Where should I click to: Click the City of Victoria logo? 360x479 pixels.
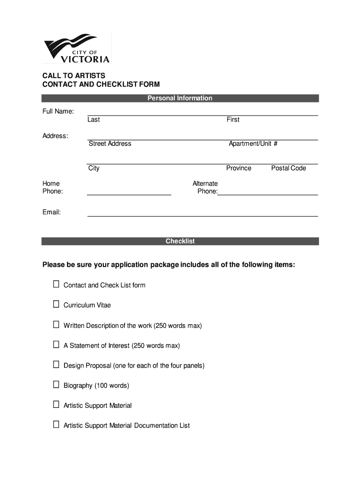click(x=77, y=48)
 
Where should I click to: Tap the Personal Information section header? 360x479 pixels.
click(x=180, y=98)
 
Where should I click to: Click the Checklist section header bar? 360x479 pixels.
click(x=180, y=241)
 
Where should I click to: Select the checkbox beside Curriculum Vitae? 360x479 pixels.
click(x=56, y=305)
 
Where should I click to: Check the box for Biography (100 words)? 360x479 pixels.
click(x=56, y=385)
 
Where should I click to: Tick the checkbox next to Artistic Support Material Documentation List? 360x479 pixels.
click(x=56, y=425)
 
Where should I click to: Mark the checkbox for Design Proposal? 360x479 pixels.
click(x=56, y=365)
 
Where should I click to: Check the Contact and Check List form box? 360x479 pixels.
click(x=56, y=284)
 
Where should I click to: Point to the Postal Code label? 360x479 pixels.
click(x=288, y=168)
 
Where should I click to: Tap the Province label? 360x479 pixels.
click(x=238, y=168)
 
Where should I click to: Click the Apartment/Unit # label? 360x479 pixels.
click(x=253, y=144)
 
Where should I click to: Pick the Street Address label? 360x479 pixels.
click(x=110, y=144)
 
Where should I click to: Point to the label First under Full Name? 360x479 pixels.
click(x=233, y=120)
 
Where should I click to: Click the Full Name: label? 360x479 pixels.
click(x=58, y=111)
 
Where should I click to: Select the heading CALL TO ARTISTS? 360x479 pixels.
click(x=74, y=76)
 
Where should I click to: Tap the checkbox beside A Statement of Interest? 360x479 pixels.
click(x=56, y=345)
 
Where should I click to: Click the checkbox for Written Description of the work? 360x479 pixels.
click(x=56, y=325)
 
